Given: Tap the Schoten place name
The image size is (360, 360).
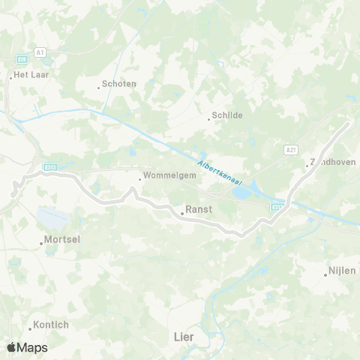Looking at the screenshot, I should (120, 84).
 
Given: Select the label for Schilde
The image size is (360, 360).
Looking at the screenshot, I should (228, 117).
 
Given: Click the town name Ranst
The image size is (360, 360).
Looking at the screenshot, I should (199, 211).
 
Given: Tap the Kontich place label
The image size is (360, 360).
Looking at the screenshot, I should (51, 325).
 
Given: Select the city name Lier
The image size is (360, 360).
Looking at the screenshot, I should (183, 337).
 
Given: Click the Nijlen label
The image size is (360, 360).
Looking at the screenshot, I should (343, 271).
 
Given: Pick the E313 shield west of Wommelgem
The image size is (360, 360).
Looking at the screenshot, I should (50, 167).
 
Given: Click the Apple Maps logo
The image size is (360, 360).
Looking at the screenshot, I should (27, 347).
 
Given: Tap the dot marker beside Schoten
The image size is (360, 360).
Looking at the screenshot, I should (98, 87).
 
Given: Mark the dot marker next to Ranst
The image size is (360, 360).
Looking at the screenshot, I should (182, 213).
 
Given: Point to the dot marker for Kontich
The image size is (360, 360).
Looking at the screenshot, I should (30, 328).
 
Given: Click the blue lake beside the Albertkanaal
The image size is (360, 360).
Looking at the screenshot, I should (244, 193).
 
